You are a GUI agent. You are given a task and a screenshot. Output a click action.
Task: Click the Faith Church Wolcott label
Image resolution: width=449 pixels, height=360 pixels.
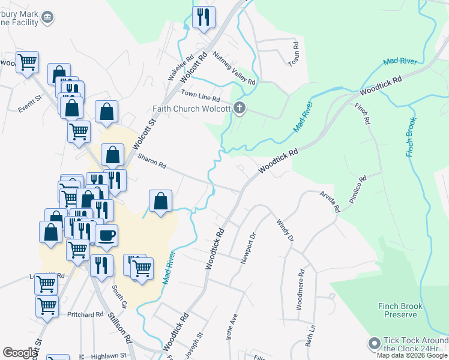(x=190, y=109)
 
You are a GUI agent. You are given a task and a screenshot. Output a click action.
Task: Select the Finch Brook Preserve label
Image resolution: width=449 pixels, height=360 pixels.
(x=401, y=310)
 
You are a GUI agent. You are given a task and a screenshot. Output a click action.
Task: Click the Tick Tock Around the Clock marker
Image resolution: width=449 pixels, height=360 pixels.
(x=375, y=344)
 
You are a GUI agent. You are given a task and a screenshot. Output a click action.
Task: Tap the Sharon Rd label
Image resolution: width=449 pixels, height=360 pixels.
(x=151, y=161)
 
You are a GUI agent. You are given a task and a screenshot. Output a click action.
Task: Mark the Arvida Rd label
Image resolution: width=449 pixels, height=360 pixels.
(x=330, y=202)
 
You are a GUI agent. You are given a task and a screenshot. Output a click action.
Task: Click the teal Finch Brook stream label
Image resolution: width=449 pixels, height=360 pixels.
(x=412, y=133)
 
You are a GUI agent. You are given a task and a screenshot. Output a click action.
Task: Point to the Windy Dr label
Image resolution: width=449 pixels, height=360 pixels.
(x=285, y=230)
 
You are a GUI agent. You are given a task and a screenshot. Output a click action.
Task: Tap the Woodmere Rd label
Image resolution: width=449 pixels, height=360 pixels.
(x=301, y=290)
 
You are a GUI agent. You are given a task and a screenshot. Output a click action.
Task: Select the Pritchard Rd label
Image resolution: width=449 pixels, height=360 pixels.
(x=86, y=315)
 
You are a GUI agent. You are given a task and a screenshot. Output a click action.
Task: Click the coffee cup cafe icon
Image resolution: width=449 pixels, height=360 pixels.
(x=106, y=235)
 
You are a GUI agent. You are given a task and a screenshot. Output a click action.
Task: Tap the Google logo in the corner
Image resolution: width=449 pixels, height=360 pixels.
(x=19, y=353)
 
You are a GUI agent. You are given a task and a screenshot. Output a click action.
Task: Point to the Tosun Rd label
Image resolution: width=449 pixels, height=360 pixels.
(x=294, y=54)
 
